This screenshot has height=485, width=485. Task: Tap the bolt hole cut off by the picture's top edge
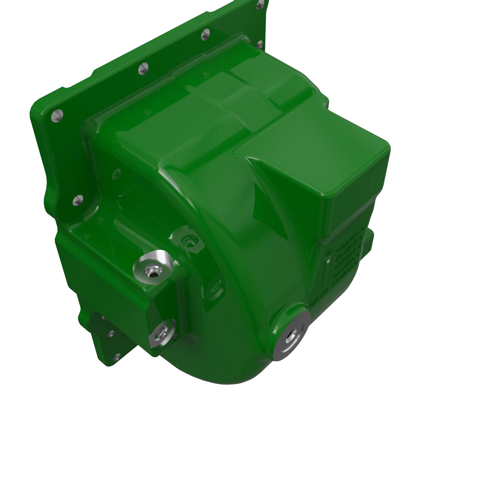point(261,3)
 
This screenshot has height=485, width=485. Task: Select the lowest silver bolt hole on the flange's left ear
point(78,200)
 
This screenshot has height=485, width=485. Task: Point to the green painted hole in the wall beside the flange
point(116,174)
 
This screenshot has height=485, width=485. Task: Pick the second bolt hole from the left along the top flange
point(143,69)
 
